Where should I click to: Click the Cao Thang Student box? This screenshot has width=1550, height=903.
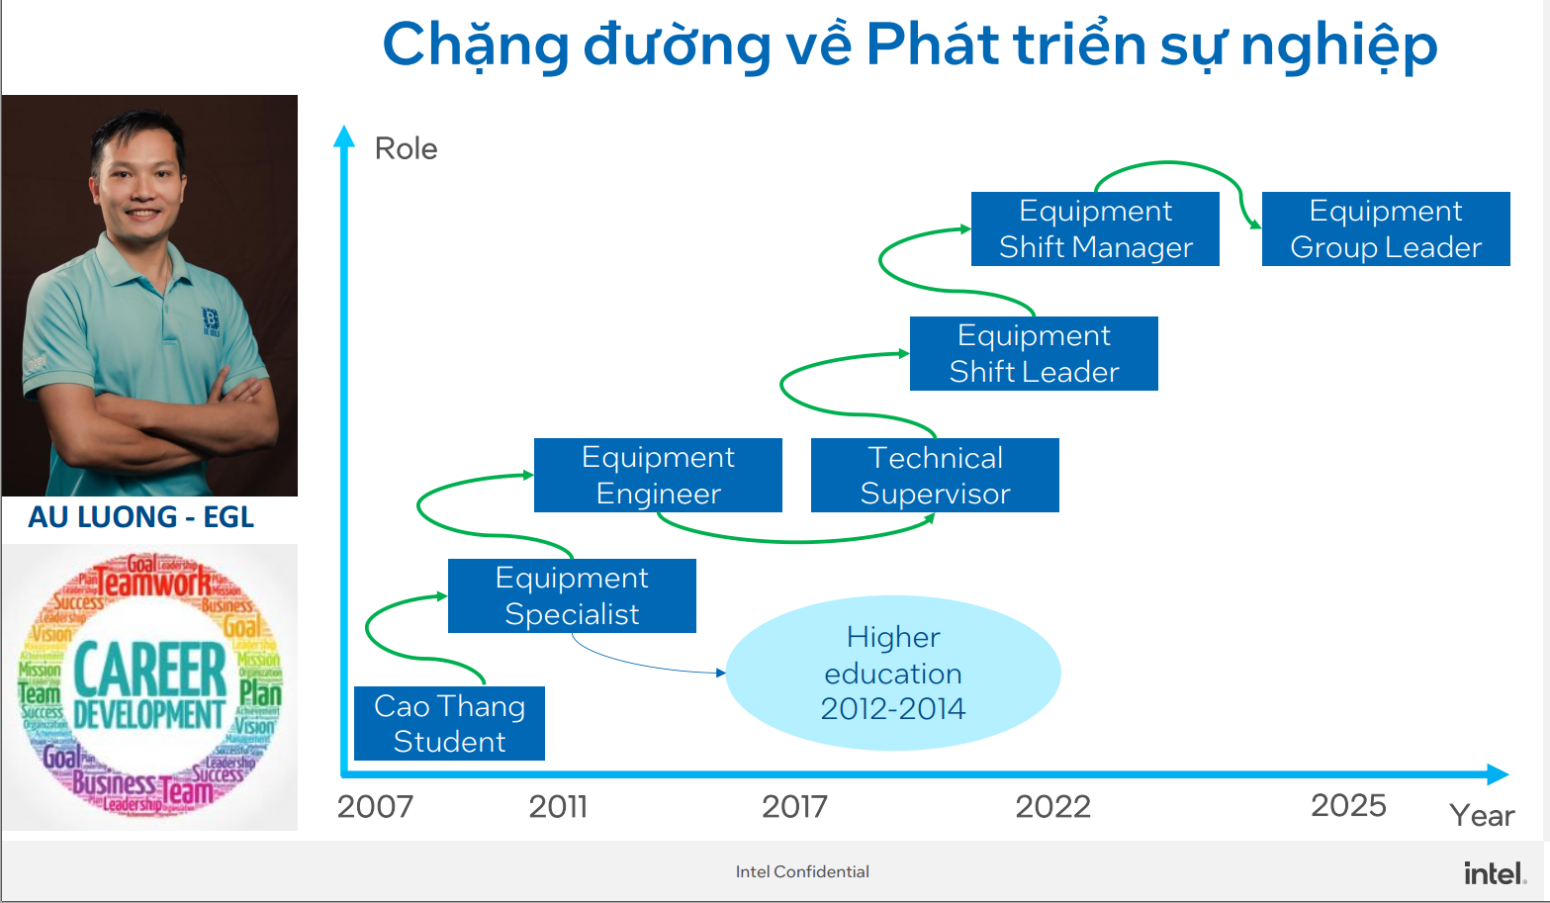(x=449, y=723)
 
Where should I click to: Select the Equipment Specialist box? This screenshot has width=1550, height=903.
(x=572, y=595)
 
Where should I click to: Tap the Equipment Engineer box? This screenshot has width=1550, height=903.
(x=658, y=475)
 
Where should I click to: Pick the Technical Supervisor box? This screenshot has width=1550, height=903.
(x=935, y=475)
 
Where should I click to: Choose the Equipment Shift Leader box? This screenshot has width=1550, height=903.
(x=1034, y=353)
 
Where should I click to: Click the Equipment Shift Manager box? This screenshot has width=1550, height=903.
(x=1095, y=228)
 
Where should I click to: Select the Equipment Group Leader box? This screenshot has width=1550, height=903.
(x=1386, y=228)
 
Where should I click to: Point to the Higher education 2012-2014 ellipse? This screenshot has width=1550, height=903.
(x=893, y=673)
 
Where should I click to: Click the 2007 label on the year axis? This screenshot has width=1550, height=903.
(x=375, y=807)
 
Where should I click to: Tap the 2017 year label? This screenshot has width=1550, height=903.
(x=794, y=807)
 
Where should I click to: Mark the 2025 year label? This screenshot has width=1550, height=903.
(x=1348, y=806)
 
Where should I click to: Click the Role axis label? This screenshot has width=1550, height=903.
(x=406, y=148)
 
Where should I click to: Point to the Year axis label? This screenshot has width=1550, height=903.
(x=1482, y=816)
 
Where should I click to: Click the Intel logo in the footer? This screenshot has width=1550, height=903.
(x=1495, y=873)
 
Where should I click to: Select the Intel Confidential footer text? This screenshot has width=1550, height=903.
(x=802, y=871)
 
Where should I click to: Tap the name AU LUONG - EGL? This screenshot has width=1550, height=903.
(x=141, y=517)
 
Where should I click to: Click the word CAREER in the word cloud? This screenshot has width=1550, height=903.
(x=150, y=670)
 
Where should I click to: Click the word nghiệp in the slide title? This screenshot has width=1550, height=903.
(x=1338, y=45)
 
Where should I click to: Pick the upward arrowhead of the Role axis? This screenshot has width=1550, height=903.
(x=344, y=135)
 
